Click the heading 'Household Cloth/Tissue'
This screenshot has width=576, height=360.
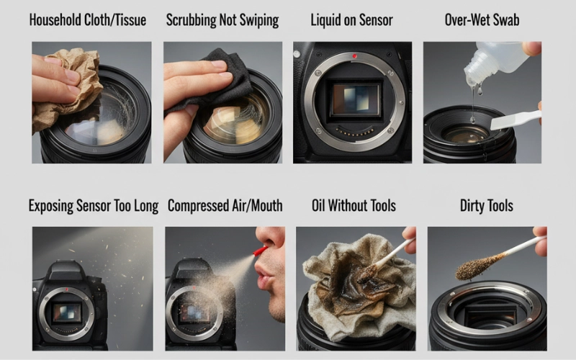pyautogui.click(x=88, y=20)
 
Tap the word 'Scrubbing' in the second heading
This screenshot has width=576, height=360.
pyautogui.click(x=191, y=20)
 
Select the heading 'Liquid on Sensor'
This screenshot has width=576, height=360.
pyautogui.click(x=352, y=20)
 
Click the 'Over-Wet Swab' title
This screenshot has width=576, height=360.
pyautogui.click(x=482, y=20)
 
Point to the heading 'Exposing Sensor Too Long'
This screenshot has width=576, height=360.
pyautogui.click(x=94, y=206)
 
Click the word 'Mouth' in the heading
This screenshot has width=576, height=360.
pyautogui.click(x=266, y=206)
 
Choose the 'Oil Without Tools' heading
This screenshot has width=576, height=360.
pyautogui.click(x=354, y=206)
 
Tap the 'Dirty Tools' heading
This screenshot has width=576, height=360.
pyautogui.click(x=487, y=206)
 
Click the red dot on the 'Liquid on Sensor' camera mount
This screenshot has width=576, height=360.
pyautogui.click(x=354, y=56)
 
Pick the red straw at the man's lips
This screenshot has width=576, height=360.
pyautogui.click(x=260, y=251)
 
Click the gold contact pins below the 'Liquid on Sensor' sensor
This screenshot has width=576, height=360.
pyautogui.click(x=354, y=132)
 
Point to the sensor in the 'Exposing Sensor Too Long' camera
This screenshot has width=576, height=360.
pyautogui.click(x=67, y=312)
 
